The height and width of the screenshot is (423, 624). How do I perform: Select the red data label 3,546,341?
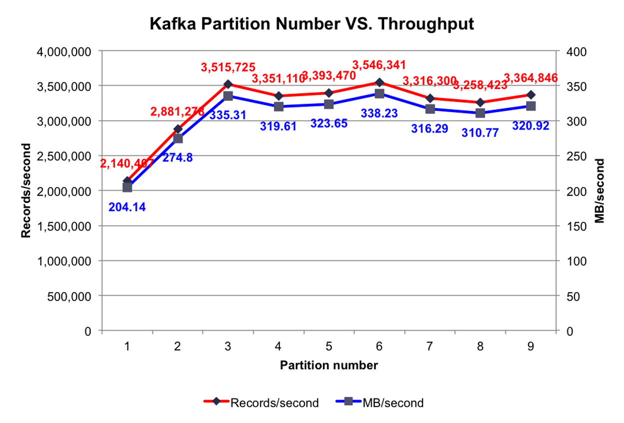(379, 65)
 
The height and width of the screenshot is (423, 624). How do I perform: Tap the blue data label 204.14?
(127, 206)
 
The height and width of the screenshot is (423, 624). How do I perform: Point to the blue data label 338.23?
(379, 113)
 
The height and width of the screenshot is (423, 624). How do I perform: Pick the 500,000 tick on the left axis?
(69, 296)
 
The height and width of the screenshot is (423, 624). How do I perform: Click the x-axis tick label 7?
(430, 346)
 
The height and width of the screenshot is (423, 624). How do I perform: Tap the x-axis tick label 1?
(127, 346)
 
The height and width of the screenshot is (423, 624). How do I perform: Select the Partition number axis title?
(329, 365)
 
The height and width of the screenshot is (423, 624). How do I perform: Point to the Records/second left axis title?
(26, 191)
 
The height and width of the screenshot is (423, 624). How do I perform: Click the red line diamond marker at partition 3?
(228, 84)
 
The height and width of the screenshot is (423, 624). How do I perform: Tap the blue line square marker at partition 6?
(379, 94)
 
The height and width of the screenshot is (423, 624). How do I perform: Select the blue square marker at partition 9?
(531, 106)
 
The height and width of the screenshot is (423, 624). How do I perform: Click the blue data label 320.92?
(531, 126)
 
